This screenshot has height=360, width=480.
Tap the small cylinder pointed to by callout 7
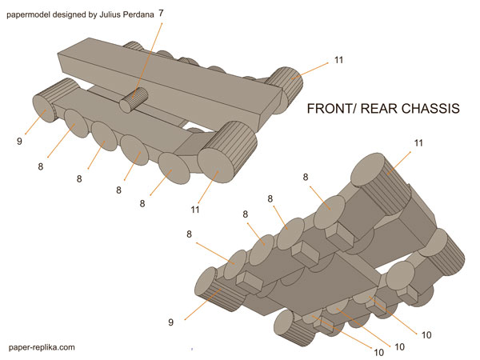134,99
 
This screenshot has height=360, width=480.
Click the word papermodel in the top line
33,14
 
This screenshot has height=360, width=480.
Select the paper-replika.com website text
42,347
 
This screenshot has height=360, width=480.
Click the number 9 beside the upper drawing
18,142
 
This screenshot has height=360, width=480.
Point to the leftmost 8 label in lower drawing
189,234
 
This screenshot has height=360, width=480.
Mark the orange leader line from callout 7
149,49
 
